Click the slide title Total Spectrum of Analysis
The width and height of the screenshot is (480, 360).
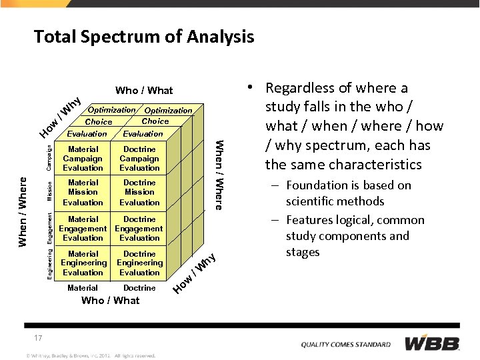click(144, 37)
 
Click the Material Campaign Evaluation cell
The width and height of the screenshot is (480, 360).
click(83, 159)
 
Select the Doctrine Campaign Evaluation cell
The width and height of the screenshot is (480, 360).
click(139, 159)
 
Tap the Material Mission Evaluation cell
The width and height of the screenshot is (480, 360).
click(83, 193)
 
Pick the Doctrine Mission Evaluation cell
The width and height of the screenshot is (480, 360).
click(139, 193)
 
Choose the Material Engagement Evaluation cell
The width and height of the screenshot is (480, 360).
click(83, 229)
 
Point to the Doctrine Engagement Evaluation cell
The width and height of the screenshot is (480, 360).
click(139, 229)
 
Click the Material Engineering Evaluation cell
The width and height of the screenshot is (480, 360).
click(83, 263)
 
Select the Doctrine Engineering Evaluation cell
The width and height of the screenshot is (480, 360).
click(139, 263)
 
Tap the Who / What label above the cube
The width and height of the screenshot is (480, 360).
click(144, 91)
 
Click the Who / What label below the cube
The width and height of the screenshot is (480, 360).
click(110, 301)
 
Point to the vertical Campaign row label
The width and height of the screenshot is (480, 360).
click(49, 157)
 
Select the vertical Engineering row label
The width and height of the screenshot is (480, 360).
click(49, 264)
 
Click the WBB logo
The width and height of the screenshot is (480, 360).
click(432, 343)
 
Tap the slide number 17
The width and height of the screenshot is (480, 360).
click(39, 338)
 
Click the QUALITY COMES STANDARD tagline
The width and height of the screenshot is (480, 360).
click(345, 345)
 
